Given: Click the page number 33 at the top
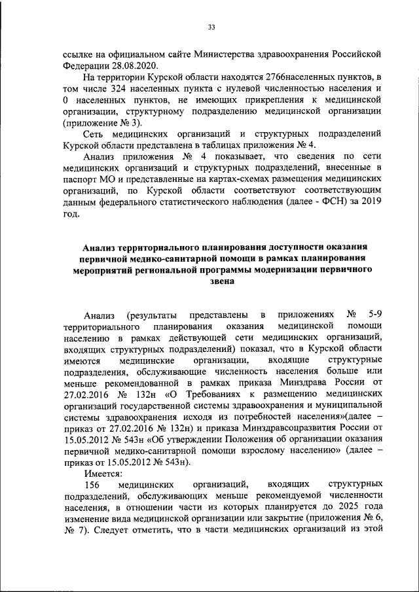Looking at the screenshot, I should pyautogui.click(x=211, y=27).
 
